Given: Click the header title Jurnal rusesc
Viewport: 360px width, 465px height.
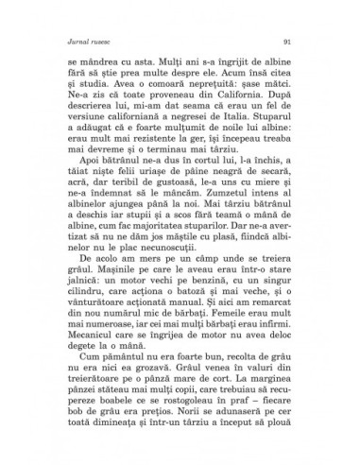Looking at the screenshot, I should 87,41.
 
